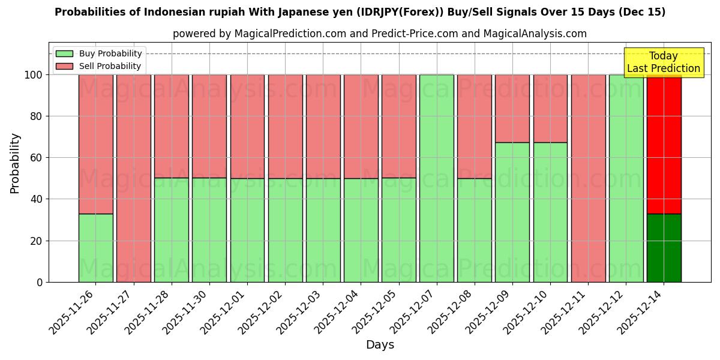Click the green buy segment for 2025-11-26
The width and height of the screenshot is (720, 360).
coord(95,248)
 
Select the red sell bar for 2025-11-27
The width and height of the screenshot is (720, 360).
coord(133,178)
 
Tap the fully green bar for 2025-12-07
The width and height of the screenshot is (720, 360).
coord(436,178)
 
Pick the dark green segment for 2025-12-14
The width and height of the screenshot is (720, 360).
coord(664,248)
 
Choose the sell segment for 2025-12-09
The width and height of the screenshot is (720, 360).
coord(512,109)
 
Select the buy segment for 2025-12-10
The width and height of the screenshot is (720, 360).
coord(550,212)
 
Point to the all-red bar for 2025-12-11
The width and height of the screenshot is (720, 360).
coord(588,178)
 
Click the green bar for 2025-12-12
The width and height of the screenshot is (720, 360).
coord(626,178)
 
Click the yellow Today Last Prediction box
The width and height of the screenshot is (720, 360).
coord(663,62)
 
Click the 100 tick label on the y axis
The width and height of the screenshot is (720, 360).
coord(33,75)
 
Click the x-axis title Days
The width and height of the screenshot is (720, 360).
coord(380,345)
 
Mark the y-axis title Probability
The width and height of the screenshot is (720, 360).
coord(15,163)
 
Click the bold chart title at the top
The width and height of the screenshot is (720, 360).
coord(360,12)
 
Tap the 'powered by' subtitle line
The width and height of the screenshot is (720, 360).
coord(380,34)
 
